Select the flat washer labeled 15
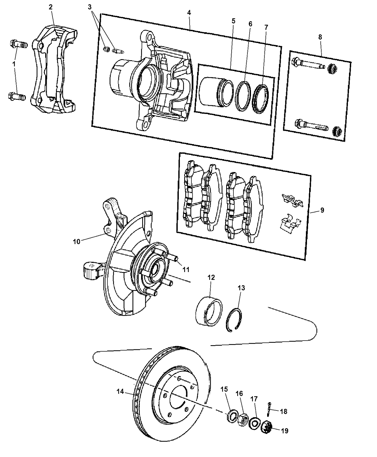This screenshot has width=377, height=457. tap(232, 416)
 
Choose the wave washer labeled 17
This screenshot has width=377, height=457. tap(255, 423)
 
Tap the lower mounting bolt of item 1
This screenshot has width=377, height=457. tap(16, 96)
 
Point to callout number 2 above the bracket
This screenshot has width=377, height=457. tap(51, 7)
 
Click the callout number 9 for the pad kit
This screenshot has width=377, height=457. tap(322, 210)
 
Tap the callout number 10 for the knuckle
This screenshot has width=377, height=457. tap(76, 242)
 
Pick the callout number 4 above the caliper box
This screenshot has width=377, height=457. tap(189, 13)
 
